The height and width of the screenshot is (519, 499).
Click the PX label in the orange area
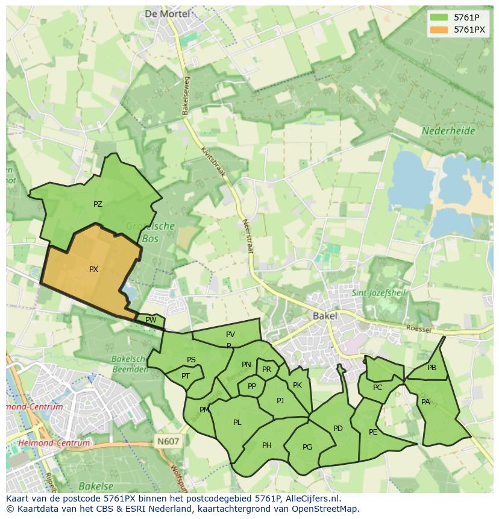93,269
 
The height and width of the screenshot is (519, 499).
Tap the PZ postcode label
98,204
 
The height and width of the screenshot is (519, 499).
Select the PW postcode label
151,320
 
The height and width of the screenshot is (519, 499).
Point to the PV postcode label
230,335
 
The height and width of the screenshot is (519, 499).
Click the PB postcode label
432,368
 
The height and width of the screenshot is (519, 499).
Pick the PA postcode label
425,402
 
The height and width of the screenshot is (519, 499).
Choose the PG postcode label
307,447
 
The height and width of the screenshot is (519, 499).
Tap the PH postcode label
267,445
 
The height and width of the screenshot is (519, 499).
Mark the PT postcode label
186,376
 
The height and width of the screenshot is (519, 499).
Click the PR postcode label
266,370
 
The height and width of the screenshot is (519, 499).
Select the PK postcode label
297,385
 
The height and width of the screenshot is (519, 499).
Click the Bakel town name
325,316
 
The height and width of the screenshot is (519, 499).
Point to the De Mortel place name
167,13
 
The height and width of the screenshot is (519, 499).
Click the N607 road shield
168,441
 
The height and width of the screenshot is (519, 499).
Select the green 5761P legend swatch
439,17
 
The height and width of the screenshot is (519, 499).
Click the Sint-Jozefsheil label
380,294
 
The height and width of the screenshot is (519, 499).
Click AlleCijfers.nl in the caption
313,499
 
